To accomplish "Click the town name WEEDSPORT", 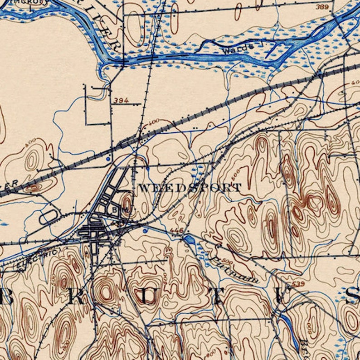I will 190,187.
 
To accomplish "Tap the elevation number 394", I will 121,100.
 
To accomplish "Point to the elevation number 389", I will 322,7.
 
